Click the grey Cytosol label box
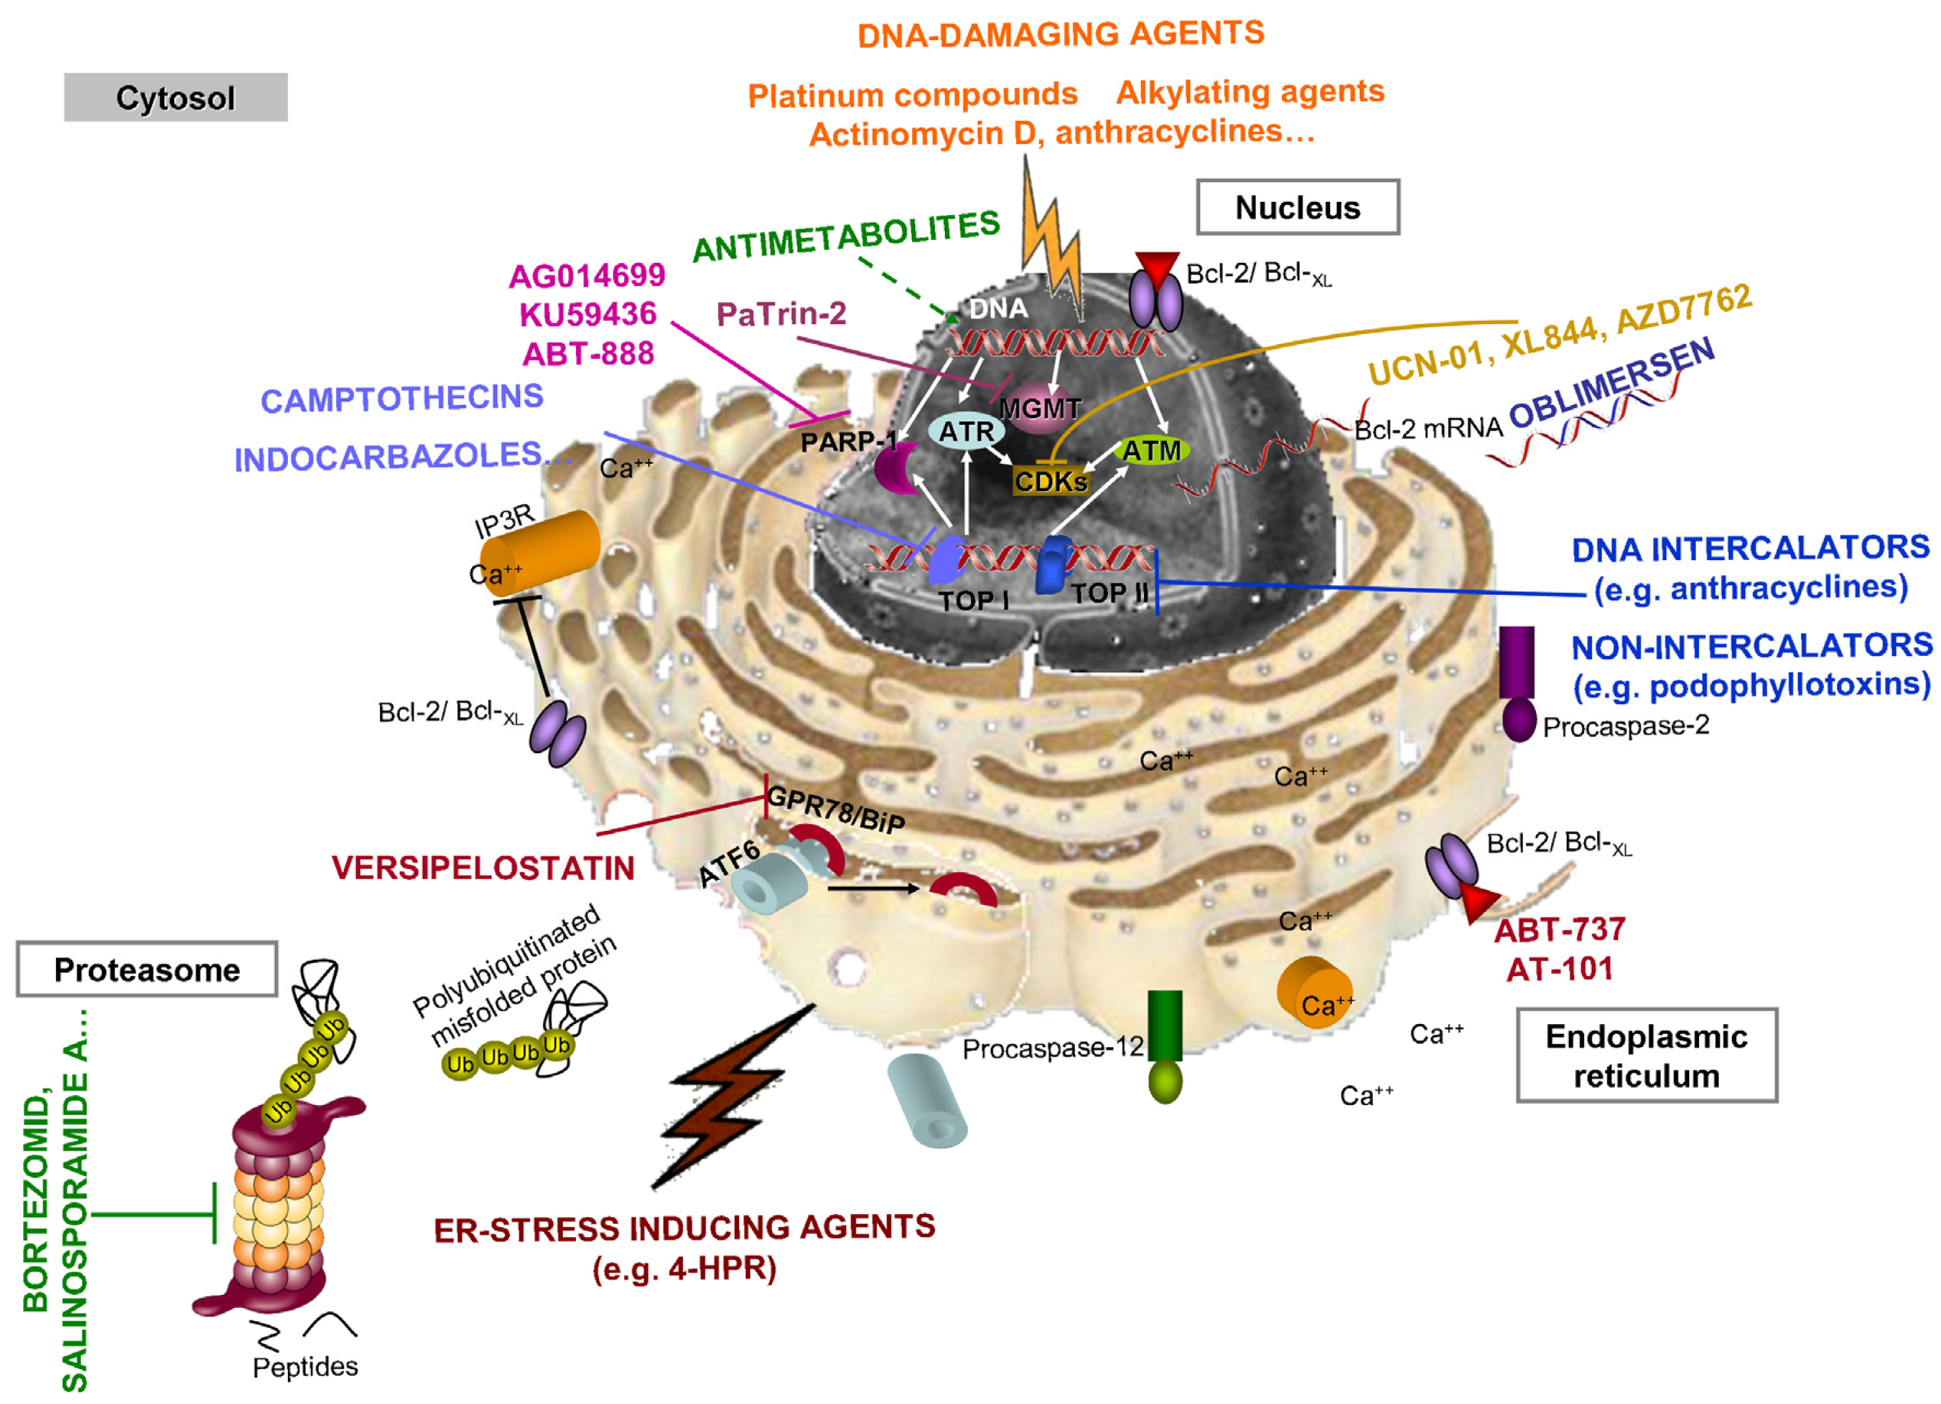point(176,97)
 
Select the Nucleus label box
point(1297,207)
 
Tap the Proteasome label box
point(147,970)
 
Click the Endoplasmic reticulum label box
point(1646,1055)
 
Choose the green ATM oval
point(1151,451)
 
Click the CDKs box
point(1050,482)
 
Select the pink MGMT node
point(1040,408)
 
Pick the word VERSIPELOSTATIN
point(483,868)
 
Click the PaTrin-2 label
point(780,314)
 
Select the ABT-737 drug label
point(1559,930)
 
